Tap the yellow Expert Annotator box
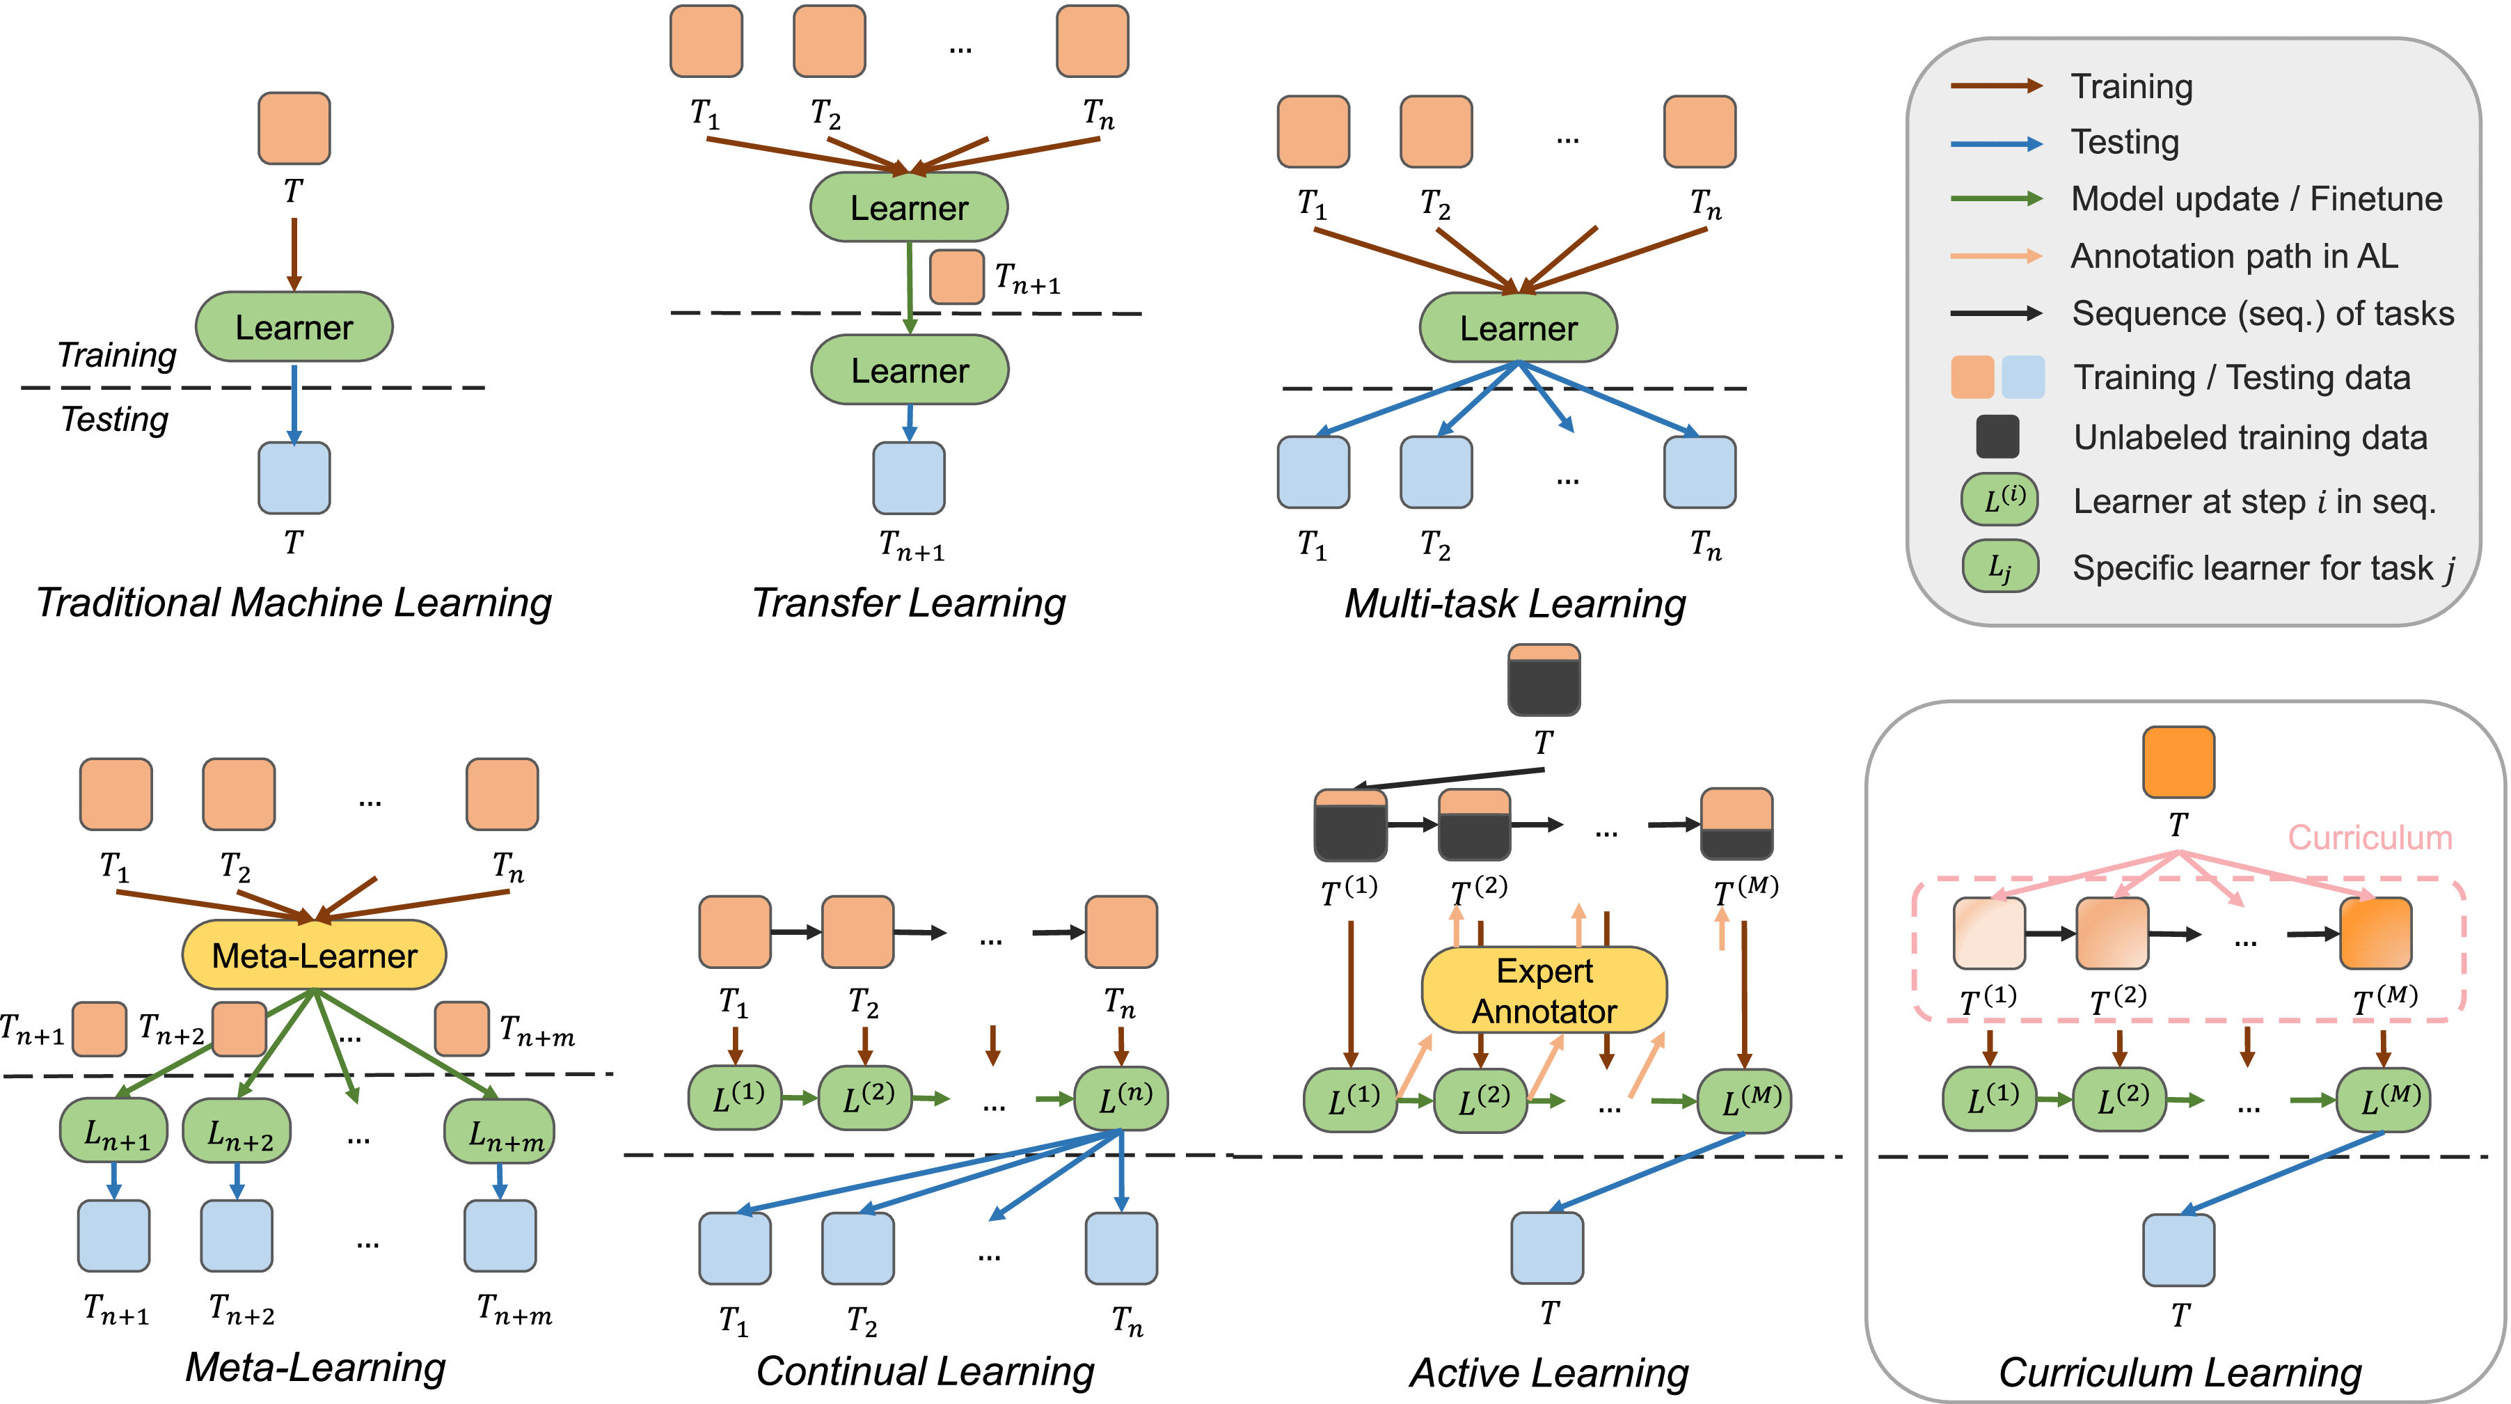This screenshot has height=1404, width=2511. [1544, 991]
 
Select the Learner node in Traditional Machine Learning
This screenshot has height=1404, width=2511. [294, 326]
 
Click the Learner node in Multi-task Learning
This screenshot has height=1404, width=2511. [1518, 328]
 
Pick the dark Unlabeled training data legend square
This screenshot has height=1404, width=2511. [1996, 437]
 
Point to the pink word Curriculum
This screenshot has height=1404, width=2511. [2369, 837]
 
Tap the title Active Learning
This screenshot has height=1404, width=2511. [1549, 1372]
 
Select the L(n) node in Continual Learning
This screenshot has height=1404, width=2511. [1121, 1098]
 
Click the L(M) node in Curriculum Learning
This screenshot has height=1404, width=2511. [2384, 1100]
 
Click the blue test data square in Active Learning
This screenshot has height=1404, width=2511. [1547, 1248]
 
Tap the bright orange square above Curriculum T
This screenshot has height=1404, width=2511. [2178, 762]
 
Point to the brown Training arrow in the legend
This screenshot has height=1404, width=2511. [1995, 86]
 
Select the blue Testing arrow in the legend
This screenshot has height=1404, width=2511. [1995, 143]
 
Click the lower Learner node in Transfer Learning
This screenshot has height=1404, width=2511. [910, 370]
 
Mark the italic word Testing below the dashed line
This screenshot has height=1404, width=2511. [115, 419]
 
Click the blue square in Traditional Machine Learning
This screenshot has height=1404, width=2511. [294, 478]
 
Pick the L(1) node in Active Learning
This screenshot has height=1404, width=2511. [1350, 1100]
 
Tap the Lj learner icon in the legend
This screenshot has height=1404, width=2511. [1999, 567]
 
